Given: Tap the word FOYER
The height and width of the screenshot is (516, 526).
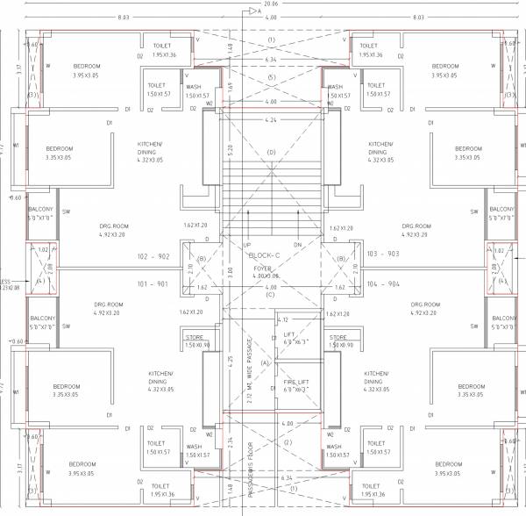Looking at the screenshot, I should click(x=263, y=268).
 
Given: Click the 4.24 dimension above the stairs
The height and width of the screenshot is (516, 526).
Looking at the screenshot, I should click(x=271, y=119).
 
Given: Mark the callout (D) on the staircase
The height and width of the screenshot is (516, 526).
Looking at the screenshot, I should click(x=271, y=153).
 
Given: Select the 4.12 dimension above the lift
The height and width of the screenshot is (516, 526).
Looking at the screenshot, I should click(x=282, y=319).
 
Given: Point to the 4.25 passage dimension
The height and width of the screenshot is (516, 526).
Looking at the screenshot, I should click(x=230, y=359).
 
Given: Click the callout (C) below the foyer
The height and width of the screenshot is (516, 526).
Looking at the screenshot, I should click(x=271, y=295).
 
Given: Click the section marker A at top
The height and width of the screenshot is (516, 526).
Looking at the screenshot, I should click(x=270, y=11).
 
